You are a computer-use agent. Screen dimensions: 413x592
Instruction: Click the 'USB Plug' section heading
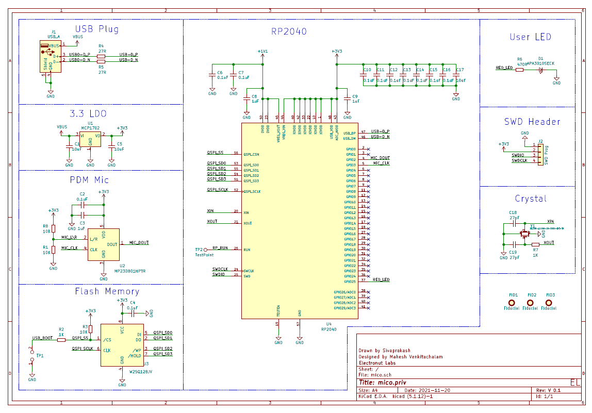97,29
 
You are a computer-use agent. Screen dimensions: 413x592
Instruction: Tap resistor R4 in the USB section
101,55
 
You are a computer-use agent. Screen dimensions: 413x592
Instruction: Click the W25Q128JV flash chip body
122,345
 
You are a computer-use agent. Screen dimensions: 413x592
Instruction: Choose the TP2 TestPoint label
203,255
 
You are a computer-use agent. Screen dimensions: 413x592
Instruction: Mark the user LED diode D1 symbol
540,70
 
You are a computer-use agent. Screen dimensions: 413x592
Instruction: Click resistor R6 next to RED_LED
519,70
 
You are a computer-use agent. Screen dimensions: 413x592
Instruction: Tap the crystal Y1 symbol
525,235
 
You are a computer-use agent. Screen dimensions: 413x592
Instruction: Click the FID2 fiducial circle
531,303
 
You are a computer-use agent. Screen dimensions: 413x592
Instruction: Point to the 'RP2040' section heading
289,31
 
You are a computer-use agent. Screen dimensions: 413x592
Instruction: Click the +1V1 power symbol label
262,52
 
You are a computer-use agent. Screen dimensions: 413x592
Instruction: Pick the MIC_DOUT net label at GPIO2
380,158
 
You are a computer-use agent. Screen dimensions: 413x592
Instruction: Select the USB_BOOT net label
42,338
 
